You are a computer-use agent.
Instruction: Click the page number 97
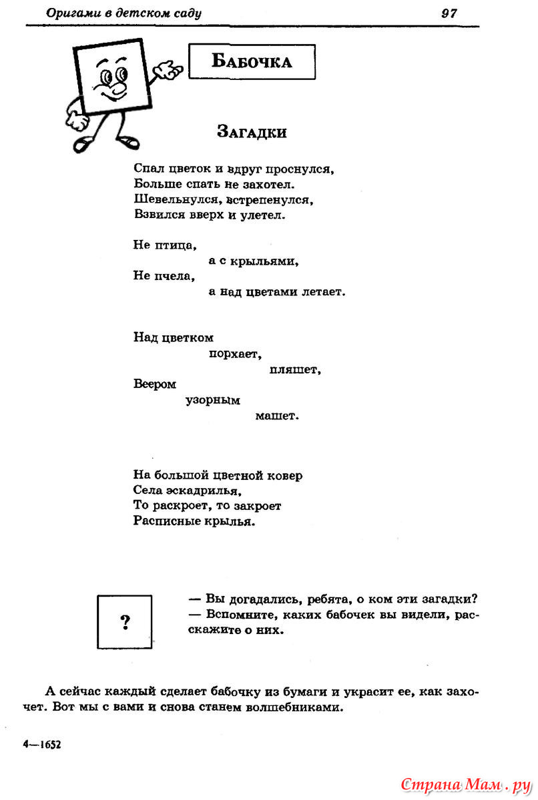449,13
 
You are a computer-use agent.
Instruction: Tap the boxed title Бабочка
252,61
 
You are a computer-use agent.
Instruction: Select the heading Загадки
252,132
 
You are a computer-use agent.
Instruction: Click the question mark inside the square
125,623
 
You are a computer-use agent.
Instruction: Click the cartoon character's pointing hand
171,69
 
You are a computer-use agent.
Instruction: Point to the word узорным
213,400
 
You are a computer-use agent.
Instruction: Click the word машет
277,416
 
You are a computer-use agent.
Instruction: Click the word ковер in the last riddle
284,475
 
